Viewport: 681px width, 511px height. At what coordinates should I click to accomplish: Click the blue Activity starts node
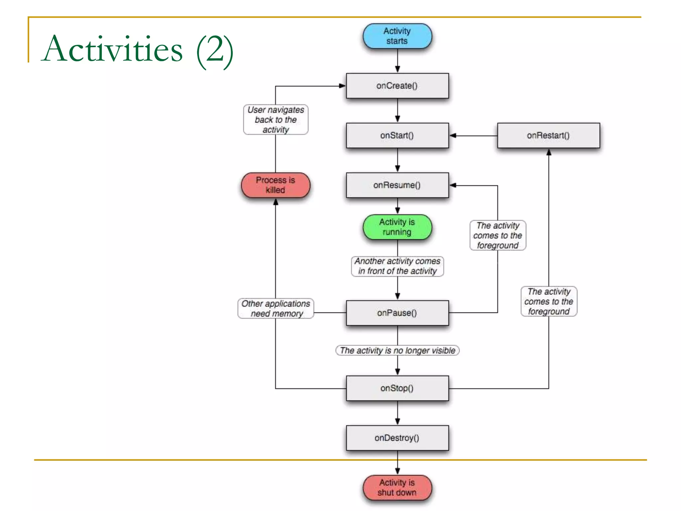(x=397, y=36)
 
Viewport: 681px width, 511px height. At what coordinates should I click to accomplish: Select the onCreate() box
(x=397, y=86)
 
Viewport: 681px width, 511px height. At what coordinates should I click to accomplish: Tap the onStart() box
(x=397, y=135)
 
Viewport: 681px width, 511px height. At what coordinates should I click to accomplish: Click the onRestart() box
(x=548, y=135)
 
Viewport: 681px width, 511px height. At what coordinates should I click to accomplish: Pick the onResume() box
(x=397, y=185)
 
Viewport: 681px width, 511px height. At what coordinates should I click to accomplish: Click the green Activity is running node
(x=397, y=227)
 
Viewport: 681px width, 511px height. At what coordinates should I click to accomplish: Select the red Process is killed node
(x=275, y=185)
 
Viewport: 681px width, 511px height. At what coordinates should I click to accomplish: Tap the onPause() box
(x=397, y=313)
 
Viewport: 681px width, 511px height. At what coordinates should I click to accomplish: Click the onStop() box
(x=397, y=388)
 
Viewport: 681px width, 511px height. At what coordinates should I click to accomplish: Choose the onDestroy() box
(x=397, y=438)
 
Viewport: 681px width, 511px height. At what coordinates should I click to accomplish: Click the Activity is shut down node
(x=397, y=487)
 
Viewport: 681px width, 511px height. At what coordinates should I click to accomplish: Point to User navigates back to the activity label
(x=276, y=120)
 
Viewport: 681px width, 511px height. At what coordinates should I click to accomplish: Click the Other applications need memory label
(x=276, y=308)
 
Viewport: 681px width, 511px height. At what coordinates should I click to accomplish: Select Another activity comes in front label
(x=397, y=266)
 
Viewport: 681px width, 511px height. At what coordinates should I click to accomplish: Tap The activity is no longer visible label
(x=397, y=350)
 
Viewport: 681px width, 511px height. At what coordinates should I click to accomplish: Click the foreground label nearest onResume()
(x=498, y=235)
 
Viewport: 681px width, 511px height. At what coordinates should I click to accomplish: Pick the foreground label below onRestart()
(x=549, y=301)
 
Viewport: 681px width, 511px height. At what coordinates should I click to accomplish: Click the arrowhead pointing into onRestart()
(x=549, y=152)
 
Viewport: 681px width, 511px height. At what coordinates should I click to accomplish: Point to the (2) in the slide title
(x=214, y=50)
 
